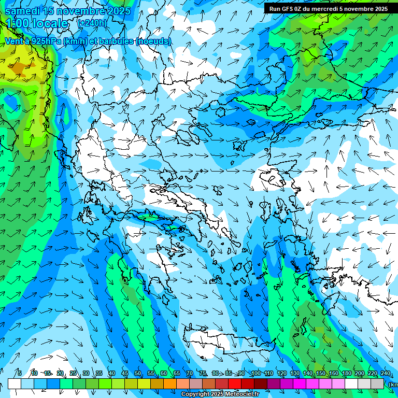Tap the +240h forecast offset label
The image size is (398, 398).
92,23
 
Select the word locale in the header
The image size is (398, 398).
50,23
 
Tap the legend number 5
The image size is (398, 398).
20,373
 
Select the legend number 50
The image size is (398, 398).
138,373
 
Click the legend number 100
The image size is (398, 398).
255,373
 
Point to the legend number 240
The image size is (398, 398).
385,373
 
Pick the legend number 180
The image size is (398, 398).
346,373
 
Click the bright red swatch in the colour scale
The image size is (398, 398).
235,383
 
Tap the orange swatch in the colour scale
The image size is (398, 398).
170,383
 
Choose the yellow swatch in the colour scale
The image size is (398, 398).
144,383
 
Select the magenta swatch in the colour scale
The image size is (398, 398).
300,383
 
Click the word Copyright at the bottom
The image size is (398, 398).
195,394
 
